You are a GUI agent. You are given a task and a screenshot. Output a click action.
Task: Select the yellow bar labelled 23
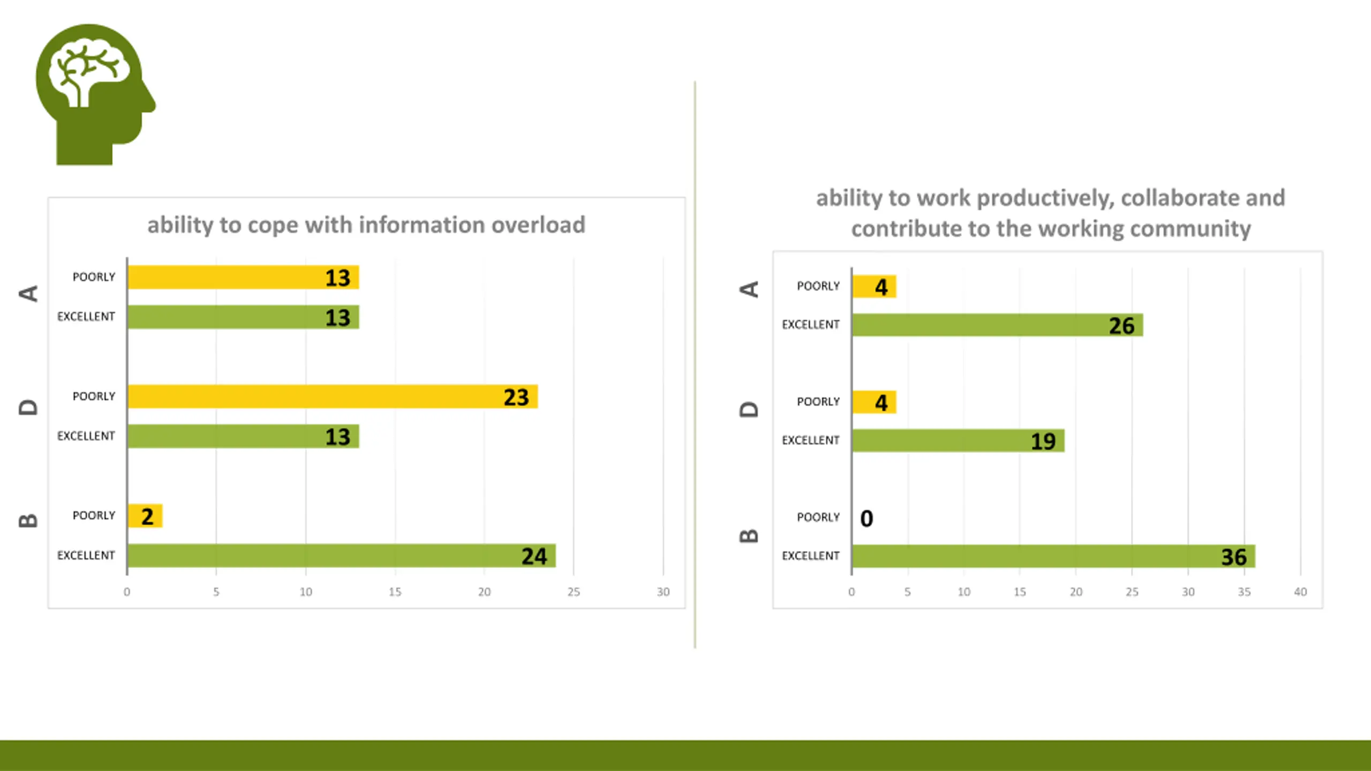pos(332,397)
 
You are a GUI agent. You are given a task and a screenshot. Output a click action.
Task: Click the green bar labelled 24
pos(341,556)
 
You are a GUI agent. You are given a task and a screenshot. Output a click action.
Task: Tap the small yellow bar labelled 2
pos(145,516)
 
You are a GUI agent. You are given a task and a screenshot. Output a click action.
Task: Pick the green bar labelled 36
pos(1053,556)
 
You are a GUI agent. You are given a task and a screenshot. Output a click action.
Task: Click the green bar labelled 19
pos(958,441)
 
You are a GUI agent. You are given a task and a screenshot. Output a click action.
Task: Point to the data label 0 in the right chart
pos(867,518)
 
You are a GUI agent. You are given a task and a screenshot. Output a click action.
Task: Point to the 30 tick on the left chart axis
pos(663,592)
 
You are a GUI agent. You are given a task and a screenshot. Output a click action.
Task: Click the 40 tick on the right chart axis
pos(1300,592)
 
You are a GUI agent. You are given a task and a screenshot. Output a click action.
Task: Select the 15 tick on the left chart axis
pos(395,592)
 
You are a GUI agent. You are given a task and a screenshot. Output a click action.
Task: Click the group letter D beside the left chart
pos(28,407)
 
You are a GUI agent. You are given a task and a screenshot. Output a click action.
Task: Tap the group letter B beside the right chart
pos(749,535)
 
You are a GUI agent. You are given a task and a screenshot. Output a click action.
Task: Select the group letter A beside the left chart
pos(28,293)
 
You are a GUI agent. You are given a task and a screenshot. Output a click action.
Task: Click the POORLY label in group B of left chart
pos(94,516)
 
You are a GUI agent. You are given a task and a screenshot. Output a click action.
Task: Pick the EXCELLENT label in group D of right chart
pos(810,440)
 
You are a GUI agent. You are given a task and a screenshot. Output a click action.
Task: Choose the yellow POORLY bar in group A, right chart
pos(874,286)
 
